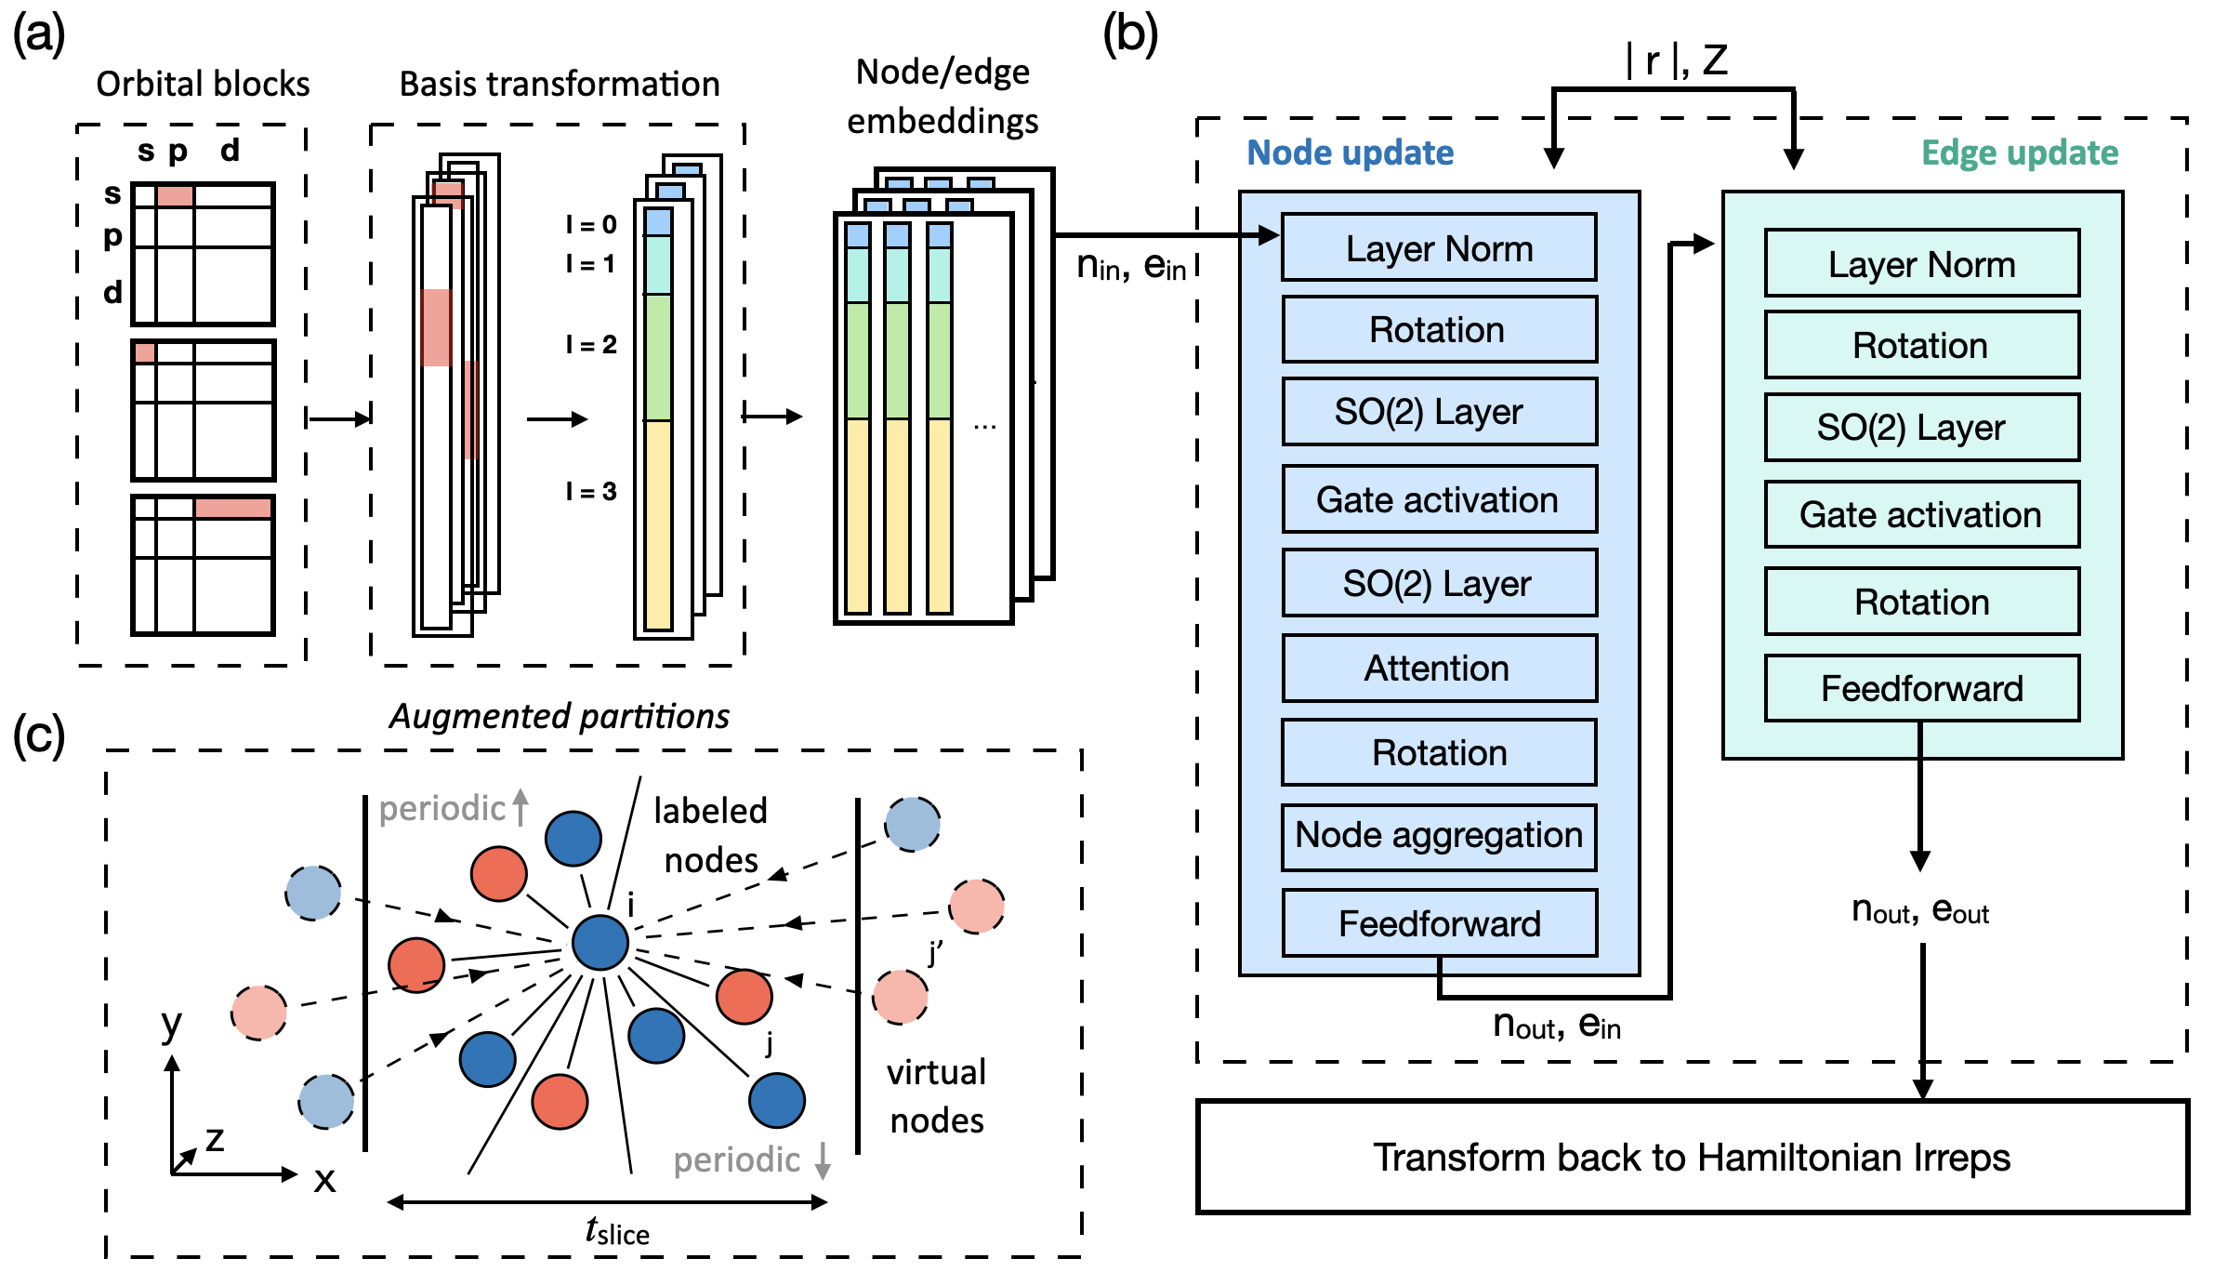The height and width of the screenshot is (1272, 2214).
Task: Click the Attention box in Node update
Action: (x=1439, y=668)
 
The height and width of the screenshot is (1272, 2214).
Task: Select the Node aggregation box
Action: (x=1439, y=836)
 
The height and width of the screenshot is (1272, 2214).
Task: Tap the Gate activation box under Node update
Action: (x=1439, y=499)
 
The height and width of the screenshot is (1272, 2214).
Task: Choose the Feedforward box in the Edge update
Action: (x=1921, y=688)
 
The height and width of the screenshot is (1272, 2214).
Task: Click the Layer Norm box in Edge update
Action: (x=1921, y=264)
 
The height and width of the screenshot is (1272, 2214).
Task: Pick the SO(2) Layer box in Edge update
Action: (x=1921, y=427)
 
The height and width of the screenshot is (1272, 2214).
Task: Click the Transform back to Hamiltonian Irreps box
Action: (x=1692, y=1158)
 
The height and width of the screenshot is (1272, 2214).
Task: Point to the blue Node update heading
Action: (x=1350, y=152)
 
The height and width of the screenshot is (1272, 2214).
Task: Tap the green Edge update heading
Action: (x=2019, y=152)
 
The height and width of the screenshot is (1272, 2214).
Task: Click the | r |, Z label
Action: (x=1676, y=60)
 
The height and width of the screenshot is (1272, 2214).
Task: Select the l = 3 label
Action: (x=591, y=491)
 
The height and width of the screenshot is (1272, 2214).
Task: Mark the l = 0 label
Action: (x=591, y=224)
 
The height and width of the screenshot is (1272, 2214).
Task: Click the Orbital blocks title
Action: (x=203, y=84)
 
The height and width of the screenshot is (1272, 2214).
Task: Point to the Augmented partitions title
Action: (x=559, y=716)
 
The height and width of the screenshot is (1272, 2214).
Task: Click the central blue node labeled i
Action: (x=600, y=942)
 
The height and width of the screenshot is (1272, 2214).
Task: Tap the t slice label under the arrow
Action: (x=617, y=1231)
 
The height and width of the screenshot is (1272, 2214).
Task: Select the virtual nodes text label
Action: (x=936, y=1096)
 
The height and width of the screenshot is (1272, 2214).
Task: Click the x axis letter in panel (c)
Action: (x=324, y=1180)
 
